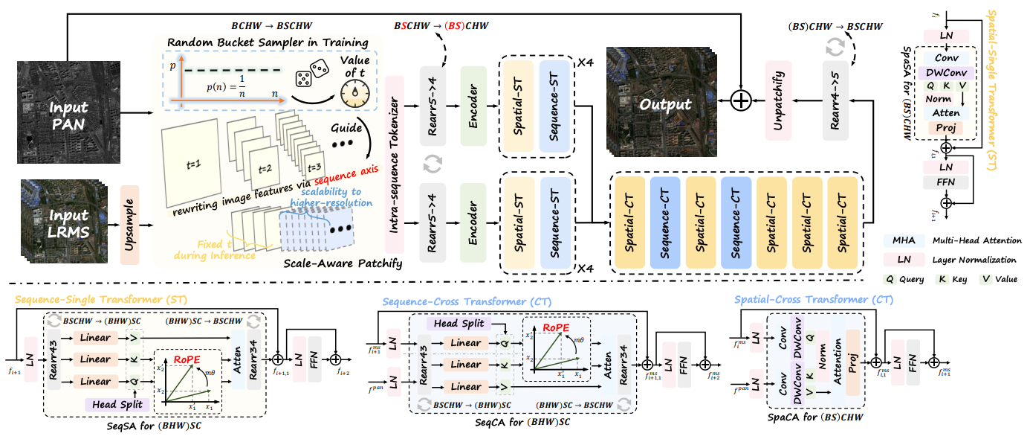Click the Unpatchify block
(779, 100)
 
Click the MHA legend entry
(902, 241)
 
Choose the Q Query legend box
(890, 280)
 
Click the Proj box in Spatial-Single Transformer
(945, 128)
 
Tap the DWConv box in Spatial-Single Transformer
(945, 72)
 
